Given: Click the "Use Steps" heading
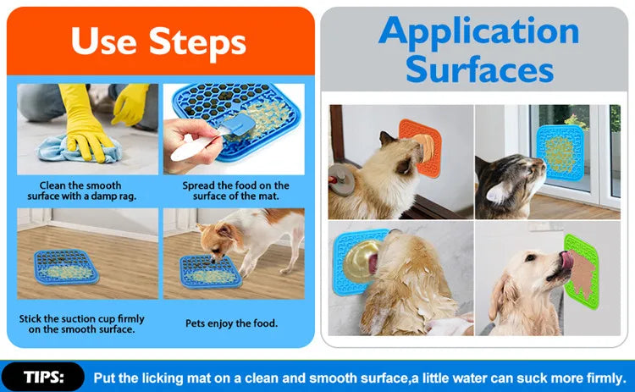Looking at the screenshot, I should (158, 41).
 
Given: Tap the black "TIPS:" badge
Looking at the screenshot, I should (42, 377).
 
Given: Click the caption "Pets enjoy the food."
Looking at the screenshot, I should (231, 323).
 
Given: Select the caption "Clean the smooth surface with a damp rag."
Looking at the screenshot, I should (80, 190).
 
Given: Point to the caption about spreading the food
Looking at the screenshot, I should (235, 190).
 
